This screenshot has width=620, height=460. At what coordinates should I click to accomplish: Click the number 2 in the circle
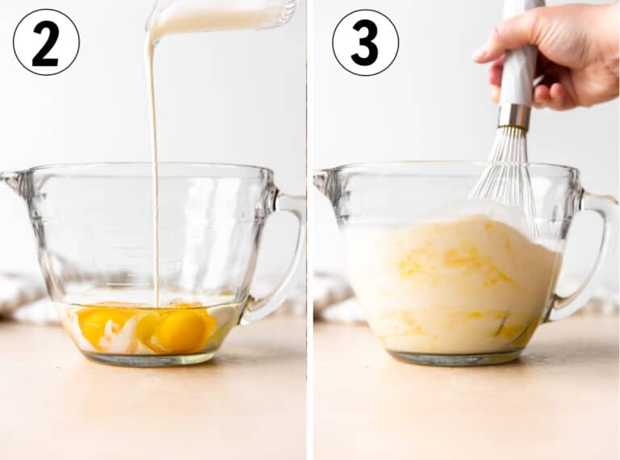[45, 44]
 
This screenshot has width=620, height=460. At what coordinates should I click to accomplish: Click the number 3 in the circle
[365, 44]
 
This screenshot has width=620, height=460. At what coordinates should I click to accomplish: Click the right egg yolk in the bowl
[180, 330]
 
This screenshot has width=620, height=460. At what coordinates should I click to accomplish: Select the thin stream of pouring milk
[154, 170]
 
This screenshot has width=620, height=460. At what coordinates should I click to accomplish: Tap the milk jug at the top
[221, 15]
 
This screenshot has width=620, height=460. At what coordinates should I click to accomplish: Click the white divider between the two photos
[310, 230]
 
